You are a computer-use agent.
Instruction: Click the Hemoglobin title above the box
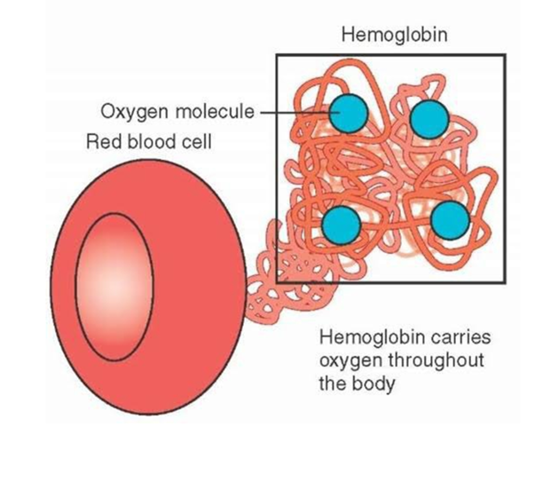click(x=393, y=36)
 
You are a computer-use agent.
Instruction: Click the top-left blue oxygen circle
click(x=348, y=115)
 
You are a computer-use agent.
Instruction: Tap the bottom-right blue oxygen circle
click(x=450, y=220)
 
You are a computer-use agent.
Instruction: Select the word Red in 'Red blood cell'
click(x=101, y=142)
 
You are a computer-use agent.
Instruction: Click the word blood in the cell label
click(x=151, y=142)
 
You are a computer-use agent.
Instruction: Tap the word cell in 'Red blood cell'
click(x=198, y=142)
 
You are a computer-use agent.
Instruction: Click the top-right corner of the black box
click(x=505, y=56)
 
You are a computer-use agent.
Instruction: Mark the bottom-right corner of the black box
click(x=505, y=282)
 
